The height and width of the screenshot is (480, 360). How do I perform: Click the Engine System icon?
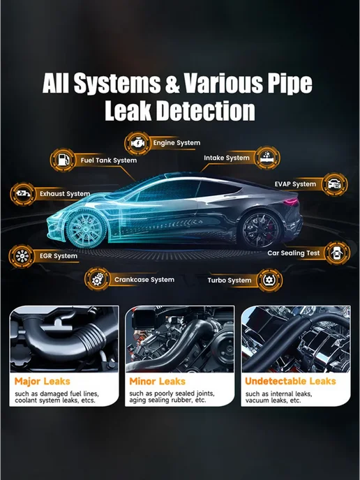click(x=137, y=143)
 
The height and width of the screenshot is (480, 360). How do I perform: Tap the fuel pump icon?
click(x=63, y=160)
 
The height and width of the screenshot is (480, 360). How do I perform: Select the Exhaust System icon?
click(x=23, y=194)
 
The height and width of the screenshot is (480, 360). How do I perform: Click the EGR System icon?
click(x=22, y=256)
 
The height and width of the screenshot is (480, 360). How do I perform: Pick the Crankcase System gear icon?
click(x=98, y=279)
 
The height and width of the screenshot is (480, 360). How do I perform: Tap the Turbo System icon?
click(x=270, y=280)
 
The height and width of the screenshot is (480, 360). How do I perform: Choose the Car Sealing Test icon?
click(x=337, y=253)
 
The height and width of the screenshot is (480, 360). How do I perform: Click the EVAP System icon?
click(x=335, y=184)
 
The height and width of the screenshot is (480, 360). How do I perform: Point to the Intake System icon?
click(x=267, y=158)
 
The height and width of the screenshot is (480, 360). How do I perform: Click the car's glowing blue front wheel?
click(x=86, y=227)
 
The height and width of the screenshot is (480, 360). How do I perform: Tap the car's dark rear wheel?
click(x=260, y=230)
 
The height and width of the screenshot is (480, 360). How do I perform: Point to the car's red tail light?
click(x=290, y=202)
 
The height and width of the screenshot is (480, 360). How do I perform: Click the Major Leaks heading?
click(x=43, y=382)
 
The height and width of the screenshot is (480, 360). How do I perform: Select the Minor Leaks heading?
click(x=158, y=382)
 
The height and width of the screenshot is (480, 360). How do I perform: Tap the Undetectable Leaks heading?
click(x=290, y=381)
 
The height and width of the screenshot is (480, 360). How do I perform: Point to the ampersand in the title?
click(x=172, y=84)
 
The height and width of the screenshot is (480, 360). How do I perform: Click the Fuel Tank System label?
click(x=109, y=160)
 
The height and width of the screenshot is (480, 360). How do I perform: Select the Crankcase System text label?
click(x=144, y=280)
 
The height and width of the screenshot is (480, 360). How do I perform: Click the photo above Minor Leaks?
click(x=180, y=339)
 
